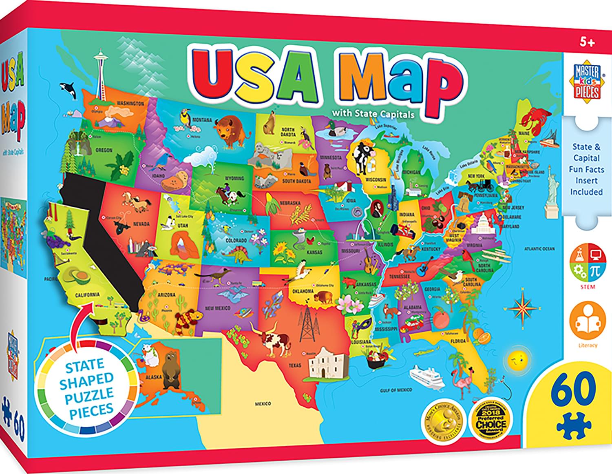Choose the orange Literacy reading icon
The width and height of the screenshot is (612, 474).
tap(587, 321)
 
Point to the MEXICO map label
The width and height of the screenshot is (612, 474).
tap(263, 403)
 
